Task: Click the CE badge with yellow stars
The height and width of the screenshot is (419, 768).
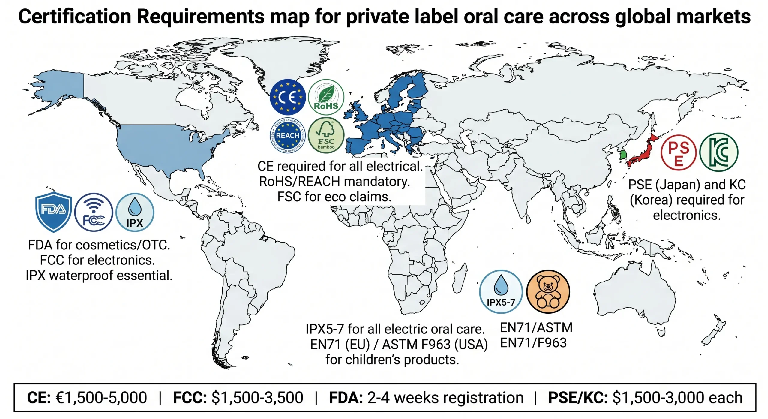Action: click(x=288, y=97)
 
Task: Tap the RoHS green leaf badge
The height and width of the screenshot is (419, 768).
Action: click(x=326, y=97)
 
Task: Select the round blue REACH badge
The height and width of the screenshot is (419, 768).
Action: click(x=288, y=135)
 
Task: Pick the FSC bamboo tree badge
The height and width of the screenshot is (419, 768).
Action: click(x=326, y=135)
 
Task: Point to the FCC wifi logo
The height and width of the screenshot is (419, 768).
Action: click(x=94, y=212)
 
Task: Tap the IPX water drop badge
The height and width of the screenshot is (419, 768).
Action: click(x=135, y=212)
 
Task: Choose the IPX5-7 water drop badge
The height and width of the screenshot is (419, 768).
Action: click(x=501, y=291)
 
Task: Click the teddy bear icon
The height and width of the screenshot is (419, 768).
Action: click(x=548, y=291)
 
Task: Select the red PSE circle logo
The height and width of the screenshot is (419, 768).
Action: click(x=679, y=152)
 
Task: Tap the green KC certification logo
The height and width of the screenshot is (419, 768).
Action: click(x=718, y=152)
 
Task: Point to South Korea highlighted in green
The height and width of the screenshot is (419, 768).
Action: click(x=623, y=155)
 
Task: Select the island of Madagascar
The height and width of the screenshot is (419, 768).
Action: click(x=459, y=278)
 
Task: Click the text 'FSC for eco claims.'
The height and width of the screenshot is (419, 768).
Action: click(x=334, y=197)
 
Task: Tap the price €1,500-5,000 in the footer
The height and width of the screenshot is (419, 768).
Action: click(x=101, y=398)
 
